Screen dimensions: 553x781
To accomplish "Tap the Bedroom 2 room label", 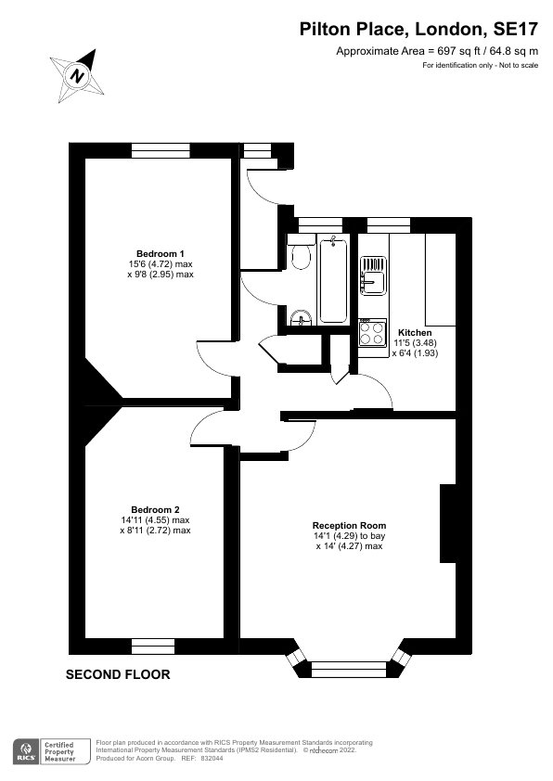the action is (155, 509).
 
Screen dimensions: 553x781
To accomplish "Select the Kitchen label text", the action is (415, 332).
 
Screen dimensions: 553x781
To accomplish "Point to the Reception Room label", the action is (349, 526).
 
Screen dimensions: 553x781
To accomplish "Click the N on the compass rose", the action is (77, 76).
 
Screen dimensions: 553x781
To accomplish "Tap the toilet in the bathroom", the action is (300, 253).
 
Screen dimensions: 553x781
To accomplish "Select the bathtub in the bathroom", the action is (333, 280).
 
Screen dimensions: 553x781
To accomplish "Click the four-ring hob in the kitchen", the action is (373, 332).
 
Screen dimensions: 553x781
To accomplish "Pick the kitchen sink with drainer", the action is (373, 275).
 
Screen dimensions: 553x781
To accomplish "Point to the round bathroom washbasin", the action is (301, 319).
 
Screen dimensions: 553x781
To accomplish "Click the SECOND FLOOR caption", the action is (118, 674).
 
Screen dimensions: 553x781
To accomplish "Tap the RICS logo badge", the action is (25, 751).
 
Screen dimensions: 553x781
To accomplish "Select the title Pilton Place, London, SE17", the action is (418, 30).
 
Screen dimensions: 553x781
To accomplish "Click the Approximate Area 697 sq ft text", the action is (437, 51).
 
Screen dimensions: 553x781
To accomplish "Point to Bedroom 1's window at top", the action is (161, 150).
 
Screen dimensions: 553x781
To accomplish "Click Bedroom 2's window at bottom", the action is (153, 646).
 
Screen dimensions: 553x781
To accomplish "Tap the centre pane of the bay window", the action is (349, 670).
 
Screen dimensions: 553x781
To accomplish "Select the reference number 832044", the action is (212, 759).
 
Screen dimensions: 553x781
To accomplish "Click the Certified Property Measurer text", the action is (59, 751).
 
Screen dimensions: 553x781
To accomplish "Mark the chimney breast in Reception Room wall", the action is (448, 523).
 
